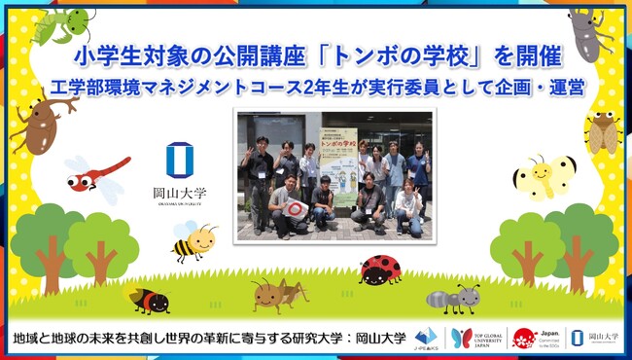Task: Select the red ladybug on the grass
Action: [380, 269]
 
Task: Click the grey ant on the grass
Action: [453, 297]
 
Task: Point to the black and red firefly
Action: [150, 300]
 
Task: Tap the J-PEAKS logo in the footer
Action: [425, 338]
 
